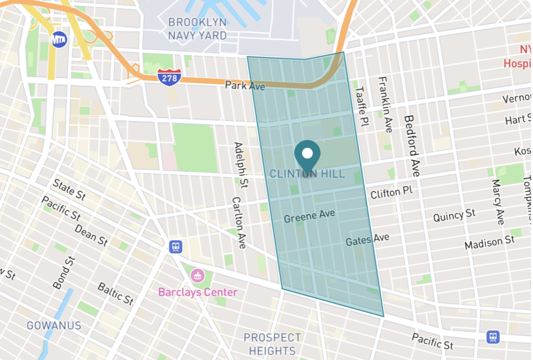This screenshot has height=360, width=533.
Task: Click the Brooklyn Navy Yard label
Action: tap(197, 29)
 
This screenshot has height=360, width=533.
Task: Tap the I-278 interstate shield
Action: tap(169, 77)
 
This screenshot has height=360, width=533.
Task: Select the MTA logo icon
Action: tap(59, 39)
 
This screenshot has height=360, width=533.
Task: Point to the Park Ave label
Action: tap(245, 85)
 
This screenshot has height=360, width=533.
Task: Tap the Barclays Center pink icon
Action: tap(197, 275)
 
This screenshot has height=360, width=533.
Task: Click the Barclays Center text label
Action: tap(198, 292)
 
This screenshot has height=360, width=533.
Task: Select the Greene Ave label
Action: tap(309, 216)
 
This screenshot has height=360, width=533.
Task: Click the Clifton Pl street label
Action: tap(391, 192)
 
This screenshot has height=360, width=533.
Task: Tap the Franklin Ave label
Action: tap(386, 104)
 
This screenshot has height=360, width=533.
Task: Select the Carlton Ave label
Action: tap(239, 222)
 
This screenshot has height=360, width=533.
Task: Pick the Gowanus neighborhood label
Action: tap(54, 326)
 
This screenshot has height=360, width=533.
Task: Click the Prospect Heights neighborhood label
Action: tap(272, 344)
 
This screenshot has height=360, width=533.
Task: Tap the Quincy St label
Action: tap(454, 215)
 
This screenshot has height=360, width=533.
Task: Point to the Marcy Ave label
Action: tap(498, 202)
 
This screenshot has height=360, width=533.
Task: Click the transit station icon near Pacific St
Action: tap(493, 337)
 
